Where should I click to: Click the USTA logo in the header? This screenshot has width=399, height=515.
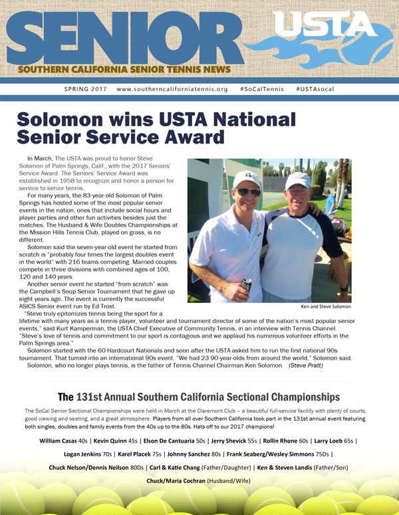click(x=326, y=25)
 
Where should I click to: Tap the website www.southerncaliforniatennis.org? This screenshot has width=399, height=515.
click(x=172, y=88)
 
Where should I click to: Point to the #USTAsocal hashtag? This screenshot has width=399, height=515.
click(x=317, y=88)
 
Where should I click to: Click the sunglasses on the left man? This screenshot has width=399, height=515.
click(x=249, y=192)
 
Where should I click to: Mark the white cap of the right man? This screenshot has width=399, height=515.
click(x=298, y=180)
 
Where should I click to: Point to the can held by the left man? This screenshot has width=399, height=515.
click(x=247, y=284)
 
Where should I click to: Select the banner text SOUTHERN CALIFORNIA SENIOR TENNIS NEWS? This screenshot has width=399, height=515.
click(x=125, y=70)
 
